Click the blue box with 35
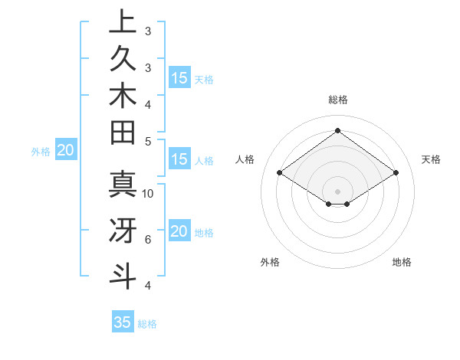tap(123, 322)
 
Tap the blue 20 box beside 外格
tap(65, 151)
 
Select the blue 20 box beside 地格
tap(179, 231)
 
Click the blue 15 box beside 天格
tap(179, 78)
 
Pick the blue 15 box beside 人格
tap(179, 160)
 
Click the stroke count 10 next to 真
tap(148, 193)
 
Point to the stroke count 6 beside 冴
tap(148, 240)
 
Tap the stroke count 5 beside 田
tap(148, 141)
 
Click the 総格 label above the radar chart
tap(337, 100)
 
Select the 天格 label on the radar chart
tap(431, 159)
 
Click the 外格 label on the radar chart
tap(270, 262)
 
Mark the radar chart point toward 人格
tap(280, 173)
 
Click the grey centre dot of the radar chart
tap(337, 191)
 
